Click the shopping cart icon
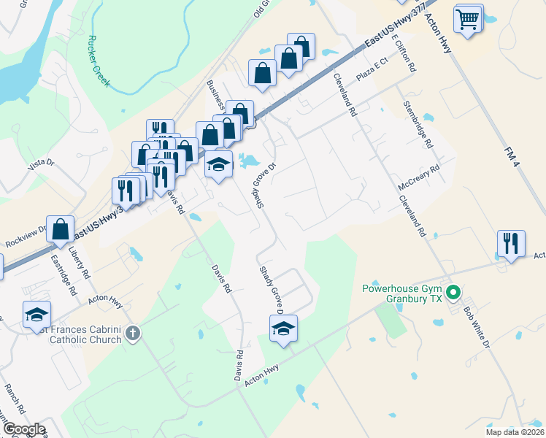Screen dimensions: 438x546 click(468, 18)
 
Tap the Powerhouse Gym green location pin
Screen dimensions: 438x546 click(453, 294)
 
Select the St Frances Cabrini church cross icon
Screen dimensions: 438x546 click(132, 334)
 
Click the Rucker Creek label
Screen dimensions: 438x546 click(98, 61)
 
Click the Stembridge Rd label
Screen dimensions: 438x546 click(418, 125)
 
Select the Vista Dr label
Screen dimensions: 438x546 click(42, 165)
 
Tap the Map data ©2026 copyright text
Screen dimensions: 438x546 click(514, 431)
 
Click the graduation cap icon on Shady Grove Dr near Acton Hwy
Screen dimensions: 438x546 click(284, 329)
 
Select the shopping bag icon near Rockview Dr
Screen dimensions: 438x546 click(60, 228)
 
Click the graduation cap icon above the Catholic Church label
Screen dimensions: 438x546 click(36, 314)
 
